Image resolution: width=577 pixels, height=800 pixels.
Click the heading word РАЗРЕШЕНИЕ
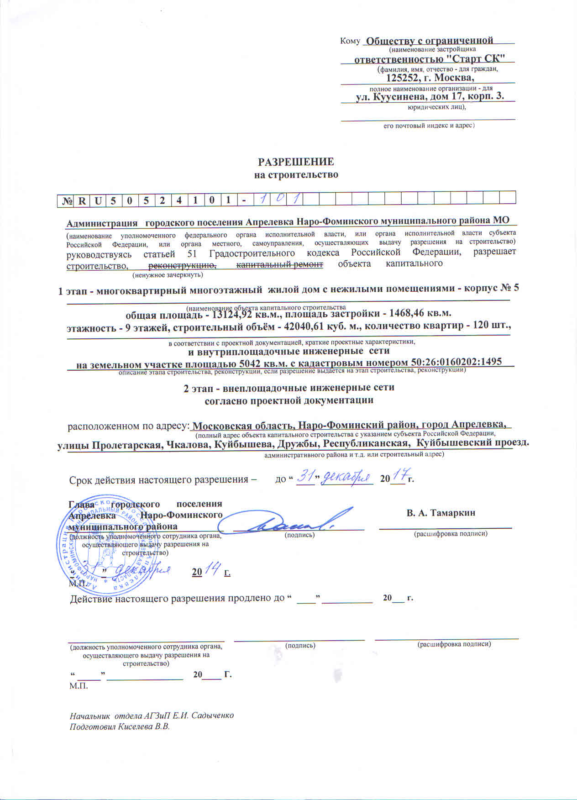(x=296, y=162)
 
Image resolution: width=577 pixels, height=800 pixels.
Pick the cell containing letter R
(x=82, y=200)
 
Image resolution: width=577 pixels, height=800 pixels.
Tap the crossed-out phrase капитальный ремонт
(x=279, y=264)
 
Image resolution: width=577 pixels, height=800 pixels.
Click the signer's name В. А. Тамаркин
(x=441, y=513)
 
